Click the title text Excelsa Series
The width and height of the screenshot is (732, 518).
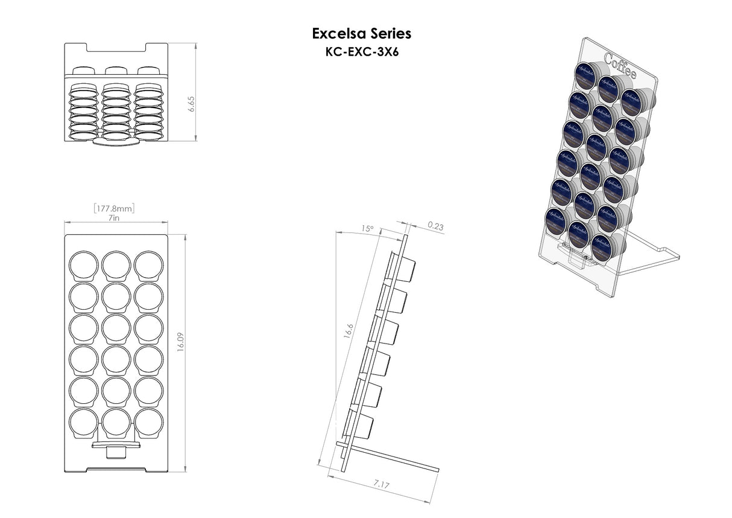tap(362, 33)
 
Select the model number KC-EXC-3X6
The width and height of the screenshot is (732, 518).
tap(362, 52)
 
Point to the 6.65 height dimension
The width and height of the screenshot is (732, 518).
tap(191, 103)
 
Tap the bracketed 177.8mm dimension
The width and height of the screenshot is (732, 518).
tap(114, 208)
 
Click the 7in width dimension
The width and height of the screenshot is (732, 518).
tap(114, 218)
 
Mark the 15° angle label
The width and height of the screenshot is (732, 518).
tap(367, 229)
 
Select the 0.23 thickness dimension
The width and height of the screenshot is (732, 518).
tap(435, 226)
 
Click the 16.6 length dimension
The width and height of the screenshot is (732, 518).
tap(349, 331)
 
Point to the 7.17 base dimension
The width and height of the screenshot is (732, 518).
tap(382, 484)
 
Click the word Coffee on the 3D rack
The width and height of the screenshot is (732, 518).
tap(620, 67)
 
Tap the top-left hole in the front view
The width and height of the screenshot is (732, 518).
tap(84, 265)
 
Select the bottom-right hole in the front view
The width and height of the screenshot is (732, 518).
tap(148, 423)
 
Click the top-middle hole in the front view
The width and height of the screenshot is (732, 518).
tap(116, 265)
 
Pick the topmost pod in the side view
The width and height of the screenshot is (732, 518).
tap(406, 269)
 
